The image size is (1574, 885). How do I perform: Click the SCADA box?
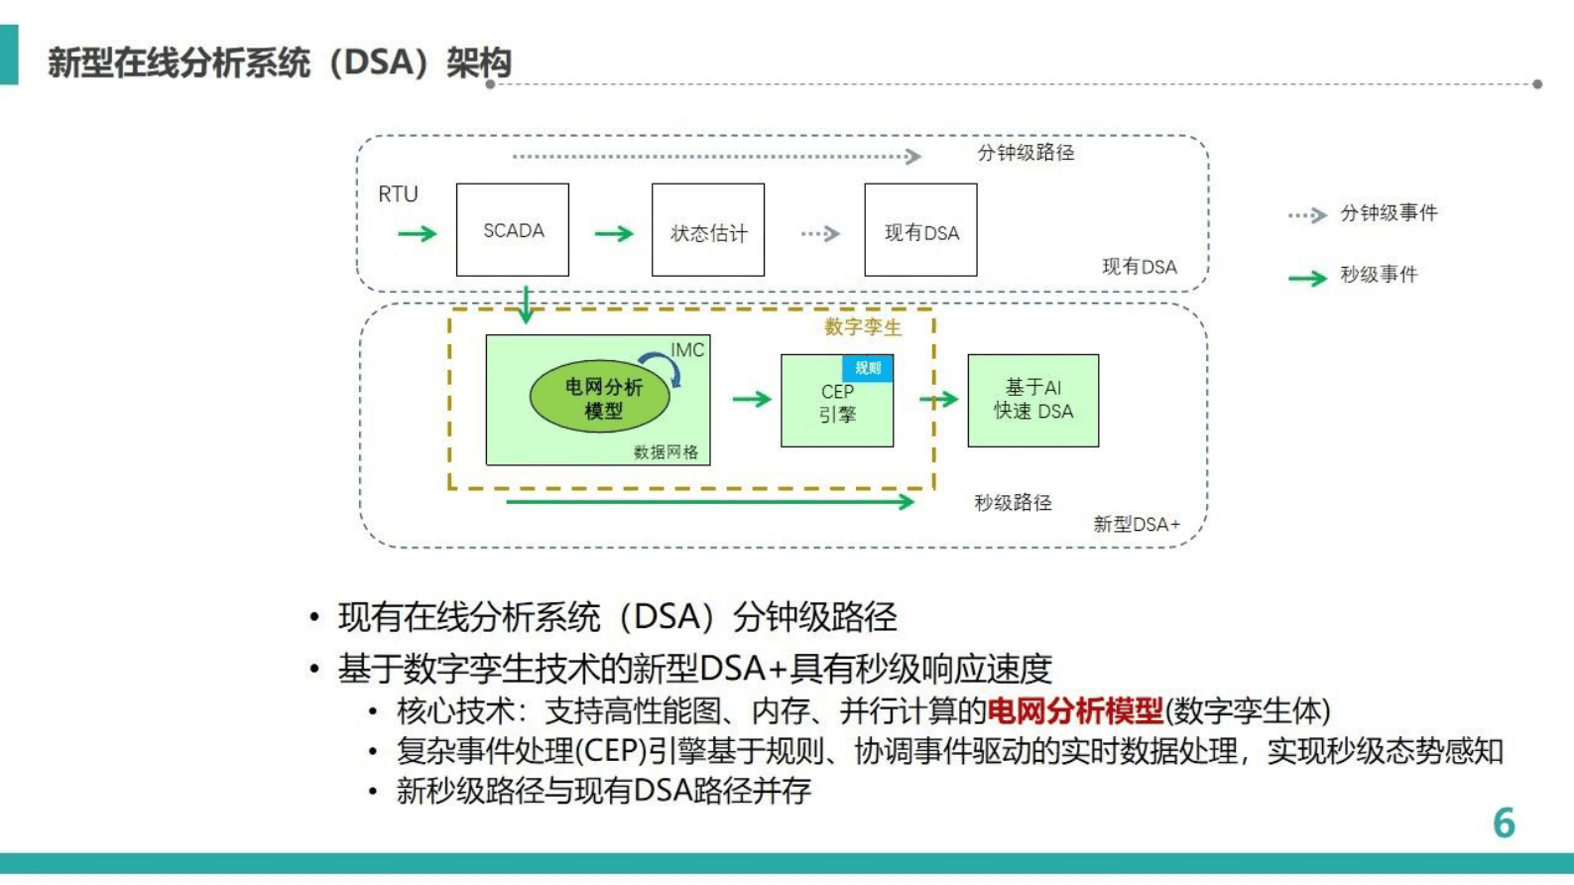click(513, 230)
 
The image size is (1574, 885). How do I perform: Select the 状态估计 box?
click(708, 231)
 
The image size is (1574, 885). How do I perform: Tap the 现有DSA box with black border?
click(920, 231)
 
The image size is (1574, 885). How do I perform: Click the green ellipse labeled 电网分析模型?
click(600, 397)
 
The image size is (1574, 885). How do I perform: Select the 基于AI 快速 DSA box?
click(1033, 401)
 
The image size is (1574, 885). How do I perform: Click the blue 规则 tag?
click(868, 368)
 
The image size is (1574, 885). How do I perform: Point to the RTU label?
click(398, 194)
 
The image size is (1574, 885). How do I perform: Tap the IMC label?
click(687, 349)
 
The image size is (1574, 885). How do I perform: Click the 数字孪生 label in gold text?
click(863, 327)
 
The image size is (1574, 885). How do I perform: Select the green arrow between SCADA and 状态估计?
click(614, 234)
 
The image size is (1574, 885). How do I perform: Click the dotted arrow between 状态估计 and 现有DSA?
click(820, 234)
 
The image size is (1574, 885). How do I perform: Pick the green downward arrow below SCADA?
click(526, 305)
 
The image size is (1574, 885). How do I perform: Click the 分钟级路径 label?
click(1026, 153)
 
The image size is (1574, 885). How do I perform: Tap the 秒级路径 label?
click(1013, 503)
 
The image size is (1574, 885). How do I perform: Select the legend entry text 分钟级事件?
click(1389, 213)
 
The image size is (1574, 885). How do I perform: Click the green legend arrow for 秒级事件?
click(1307, 278)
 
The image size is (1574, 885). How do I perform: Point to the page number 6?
click(1504, 823)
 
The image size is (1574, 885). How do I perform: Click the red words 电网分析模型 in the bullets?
click(1075, 710)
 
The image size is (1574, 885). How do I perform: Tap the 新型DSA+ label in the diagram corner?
click(1137, 524)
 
